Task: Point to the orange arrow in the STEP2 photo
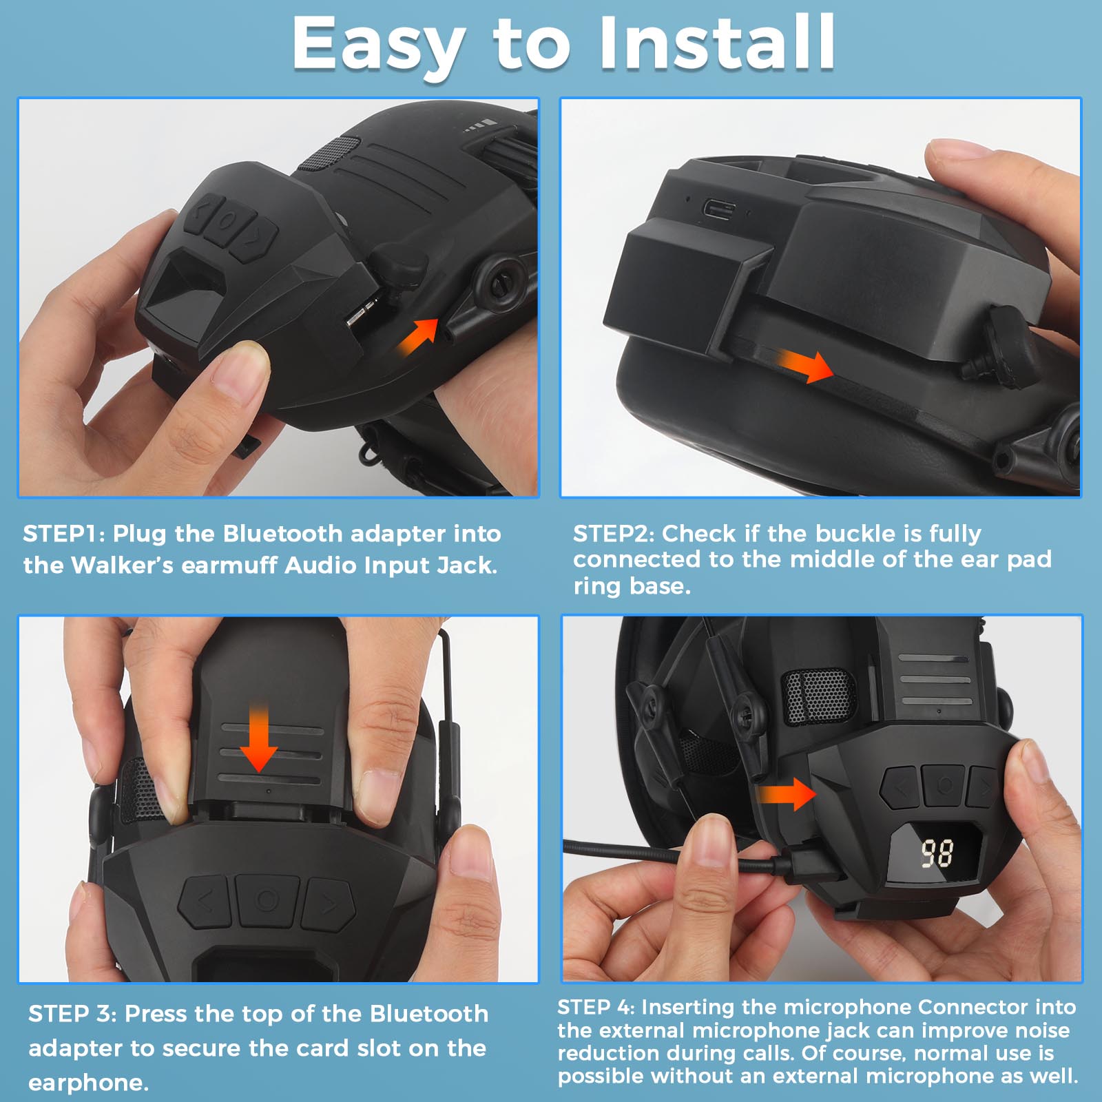pos(806,365)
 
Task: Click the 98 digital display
pos(937,853)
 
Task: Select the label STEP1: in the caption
pos(63,534)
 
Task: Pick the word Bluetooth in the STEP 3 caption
pos(428,1014)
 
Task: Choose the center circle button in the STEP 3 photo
pos(267,900)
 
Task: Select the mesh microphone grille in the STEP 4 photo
pos(820,696)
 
